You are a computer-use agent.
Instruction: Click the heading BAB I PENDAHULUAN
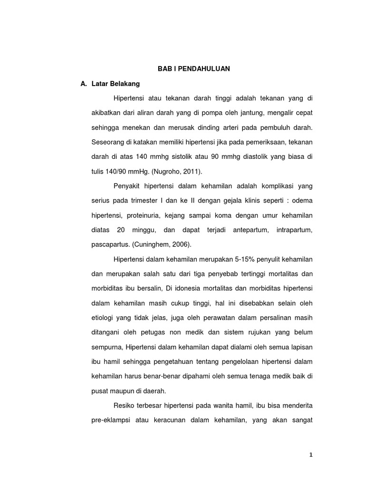pos(193,69)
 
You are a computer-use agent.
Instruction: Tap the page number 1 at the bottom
pos(311,455)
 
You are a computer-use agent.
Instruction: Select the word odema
pos(301,201)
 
